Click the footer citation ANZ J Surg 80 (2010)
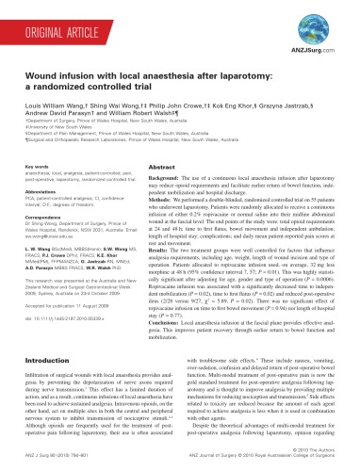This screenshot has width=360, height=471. coord(57,465)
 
